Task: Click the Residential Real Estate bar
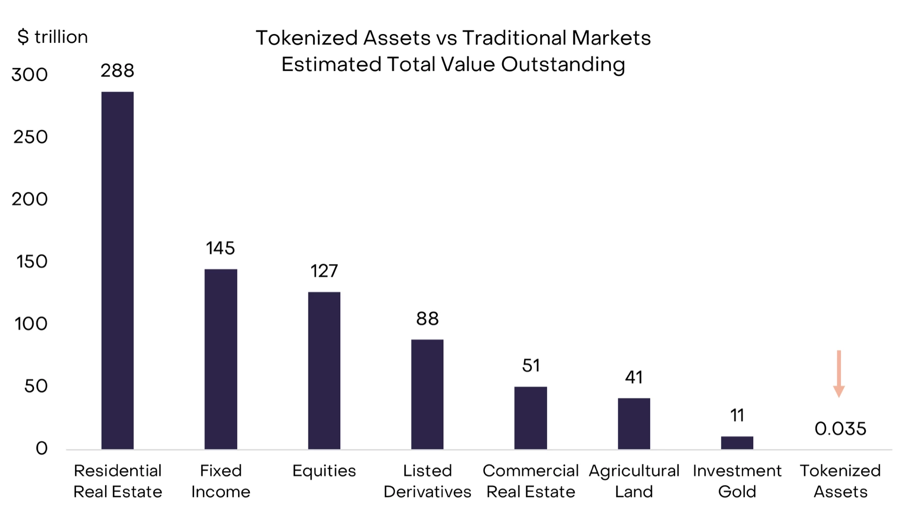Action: point(118,271)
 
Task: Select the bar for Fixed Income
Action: point(221,359)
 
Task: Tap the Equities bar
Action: point(324,370)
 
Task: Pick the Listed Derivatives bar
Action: point(427,394)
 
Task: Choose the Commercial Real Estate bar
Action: point(531,418)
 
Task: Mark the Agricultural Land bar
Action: point(634,424)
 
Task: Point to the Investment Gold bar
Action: point(737,443)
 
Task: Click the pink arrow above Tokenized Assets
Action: point(839,374)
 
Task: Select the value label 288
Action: point(118,71)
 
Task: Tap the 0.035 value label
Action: point(840,429)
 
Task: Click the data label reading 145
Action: point(221,248)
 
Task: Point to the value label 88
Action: point(427,319)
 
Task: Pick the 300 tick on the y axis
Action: point(29,75)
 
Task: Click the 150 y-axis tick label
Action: point(32,262)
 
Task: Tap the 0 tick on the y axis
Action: point(42,449)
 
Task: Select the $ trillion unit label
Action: point(52,37)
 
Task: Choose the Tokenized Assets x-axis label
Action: point(840,481)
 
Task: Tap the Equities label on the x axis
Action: point(324,471)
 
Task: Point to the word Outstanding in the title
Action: point(563,64)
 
